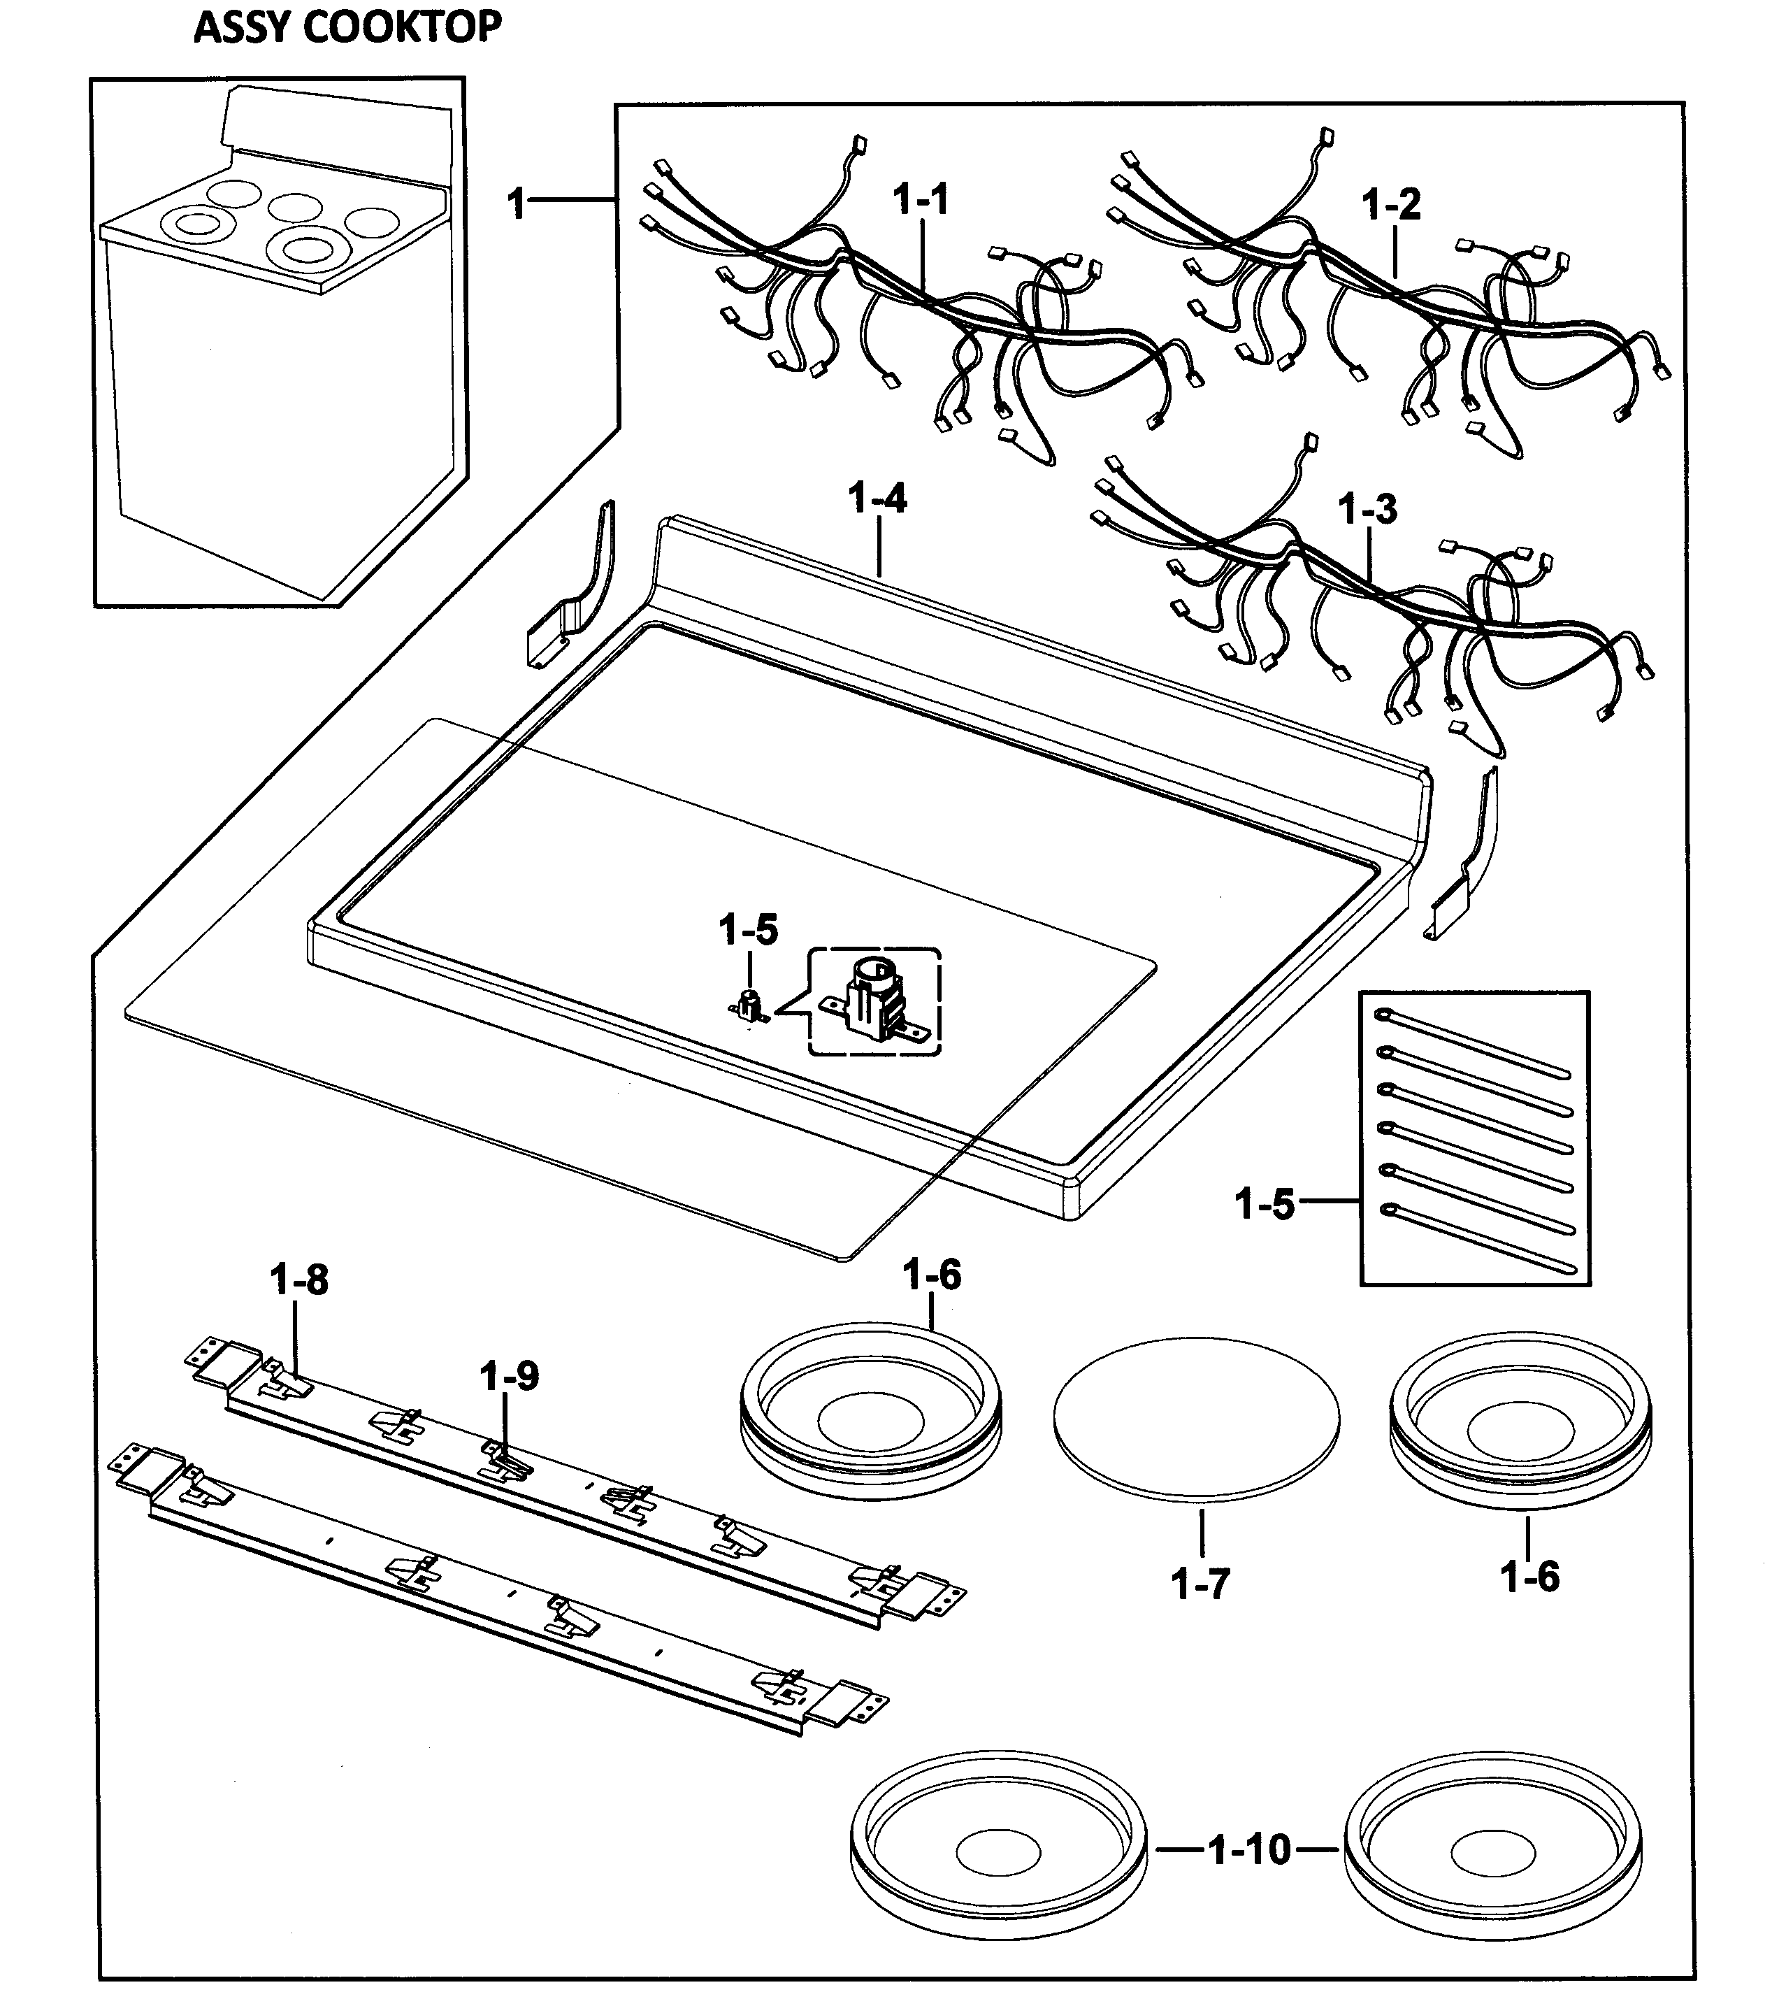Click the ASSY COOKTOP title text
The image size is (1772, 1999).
click(x=347, y=27)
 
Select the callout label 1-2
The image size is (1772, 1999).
click(x=1390, y=206)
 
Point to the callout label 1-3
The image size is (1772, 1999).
click(x=1367, y=510)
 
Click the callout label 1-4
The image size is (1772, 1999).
click(x=877, y=500)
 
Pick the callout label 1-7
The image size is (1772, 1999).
click(x=1200, y=1584)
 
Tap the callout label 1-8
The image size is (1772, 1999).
click(x=299, y=1280)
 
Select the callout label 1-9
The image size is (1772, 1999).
click(x=508, y=1377)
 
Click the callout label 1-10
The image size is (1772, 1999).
click(x=1250, y=1850)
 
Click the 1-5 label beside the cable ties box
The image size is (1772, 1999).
click(x=1265, y=1205)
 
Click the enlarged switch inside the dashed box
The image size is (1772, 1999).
click(x=872, y=1001)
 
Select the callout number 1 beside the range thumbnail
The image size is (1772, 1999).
click(x=517, y=204)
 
